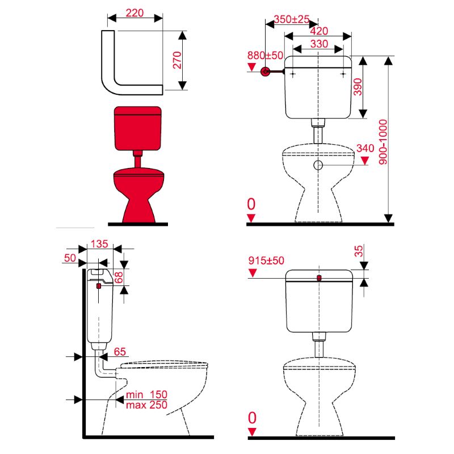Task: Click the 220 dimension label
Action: click(x=134, y=12)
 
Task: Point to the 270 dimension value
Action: click(x=177, y=60)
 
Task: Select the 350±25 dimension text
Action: click(x=292, y=19)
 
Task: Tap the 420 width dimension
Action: click(x=319, y=31)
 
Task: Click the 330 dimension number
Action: click(x=319, y=44)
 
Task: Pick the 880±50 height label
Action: click(x=265, y=55)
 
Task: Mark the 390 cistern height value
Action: click(x=358, y=87)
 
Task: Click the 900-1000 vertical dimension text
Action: click(x=383, y=142)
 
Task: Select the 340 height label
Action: click(x=365, y=148)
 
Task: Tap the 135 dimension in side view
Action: click(x=99, y=244)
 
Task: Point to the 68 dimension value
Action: click(x=119, y=278)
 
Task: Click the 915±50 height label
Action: click(x=266, y=260)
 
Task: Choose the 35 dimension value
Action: click(x=359, y=251)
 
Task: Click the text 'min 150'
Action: click(x=146, y=394)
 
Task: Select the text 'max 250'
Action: click(x=146, y=405)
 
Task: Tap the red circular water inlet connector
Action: click(x=265, y=72)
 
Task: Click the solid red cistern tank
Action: click(x=137, y=128)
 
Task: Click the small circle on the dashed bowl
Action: click(x=318, y=165)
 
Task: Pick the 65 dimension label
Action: click(x=120, y=351)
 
